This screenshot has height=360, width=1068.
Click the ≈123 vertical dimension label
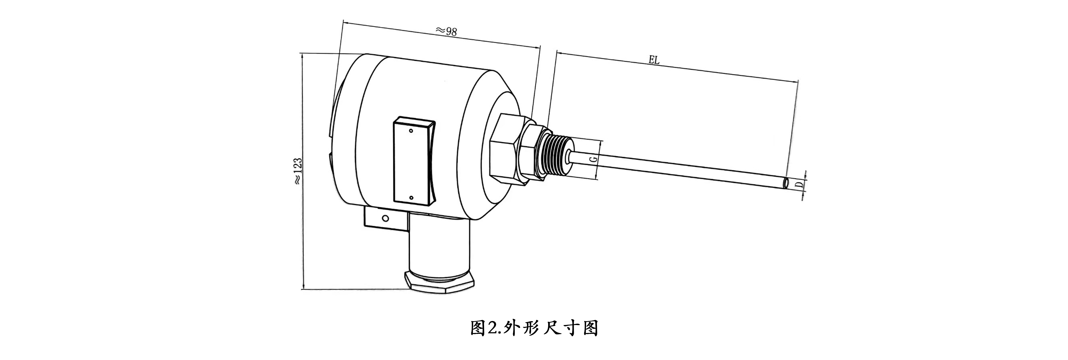coord(298,171)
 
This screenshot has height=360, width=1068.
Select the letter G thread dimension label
coord(593,160)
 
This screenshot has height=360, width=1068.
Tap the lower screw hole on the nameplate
coord(411,198)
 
